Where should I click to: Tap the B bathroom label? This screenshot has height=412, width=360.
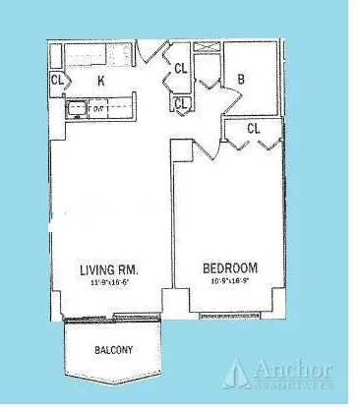coord(241,79)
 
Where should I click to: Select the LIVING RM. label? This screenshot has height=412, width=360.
coord(108,269)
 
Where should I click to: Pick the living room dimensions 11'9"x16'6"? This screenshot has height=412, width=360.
coord(108,282)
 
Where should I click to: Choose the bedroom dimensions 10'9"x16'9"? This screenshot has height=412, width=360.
coord(230,282)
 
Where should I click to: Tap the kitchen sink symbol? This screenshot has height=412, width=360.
coord(75,110)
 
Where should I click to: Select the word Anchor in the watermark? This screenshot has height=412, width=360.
coord(293,370)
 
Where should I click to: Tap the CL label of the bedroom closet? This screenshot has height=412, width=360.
coord(254,129)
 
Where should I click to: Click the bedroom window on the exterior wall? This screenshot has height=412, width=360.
coord(234,317)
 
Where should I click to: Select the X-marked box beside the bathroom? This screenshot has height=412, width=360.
coord(208,47)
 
